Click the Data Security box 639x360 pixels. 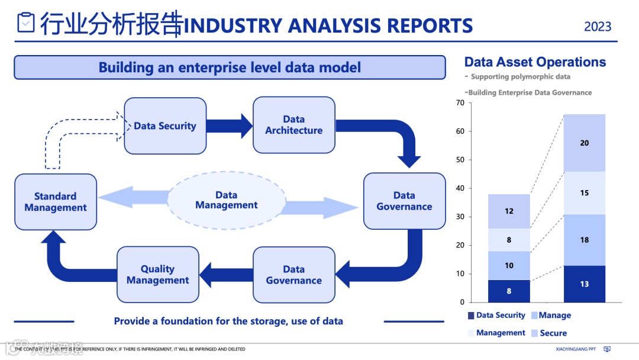pos(165,126)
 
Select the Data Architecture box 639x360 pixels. pos(293,125)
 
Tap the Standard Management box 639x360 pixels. pos(56,202)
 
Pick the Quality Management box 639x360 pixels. pos(157,275)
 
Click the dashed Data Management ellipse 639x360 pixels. pos(227,200)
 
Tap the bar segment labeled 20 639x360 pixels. pos(584,143)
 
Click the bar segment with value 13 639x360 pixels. pos(584,284)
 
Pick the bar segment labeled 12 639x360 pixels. pos(509,211)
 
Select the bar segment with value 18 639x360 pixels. pos(584,240)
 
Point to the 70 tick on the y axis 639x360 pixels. pos(460,103)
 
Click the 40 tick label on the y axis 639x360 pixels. pos(460,188)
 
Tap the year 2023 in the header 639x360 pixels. pos(598,27)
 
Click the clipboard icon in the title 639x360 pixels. pos(26,23)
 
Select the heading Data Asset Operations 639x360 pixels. pos(535,62)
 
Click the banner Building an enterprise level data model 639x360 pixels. pos(230,67)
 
